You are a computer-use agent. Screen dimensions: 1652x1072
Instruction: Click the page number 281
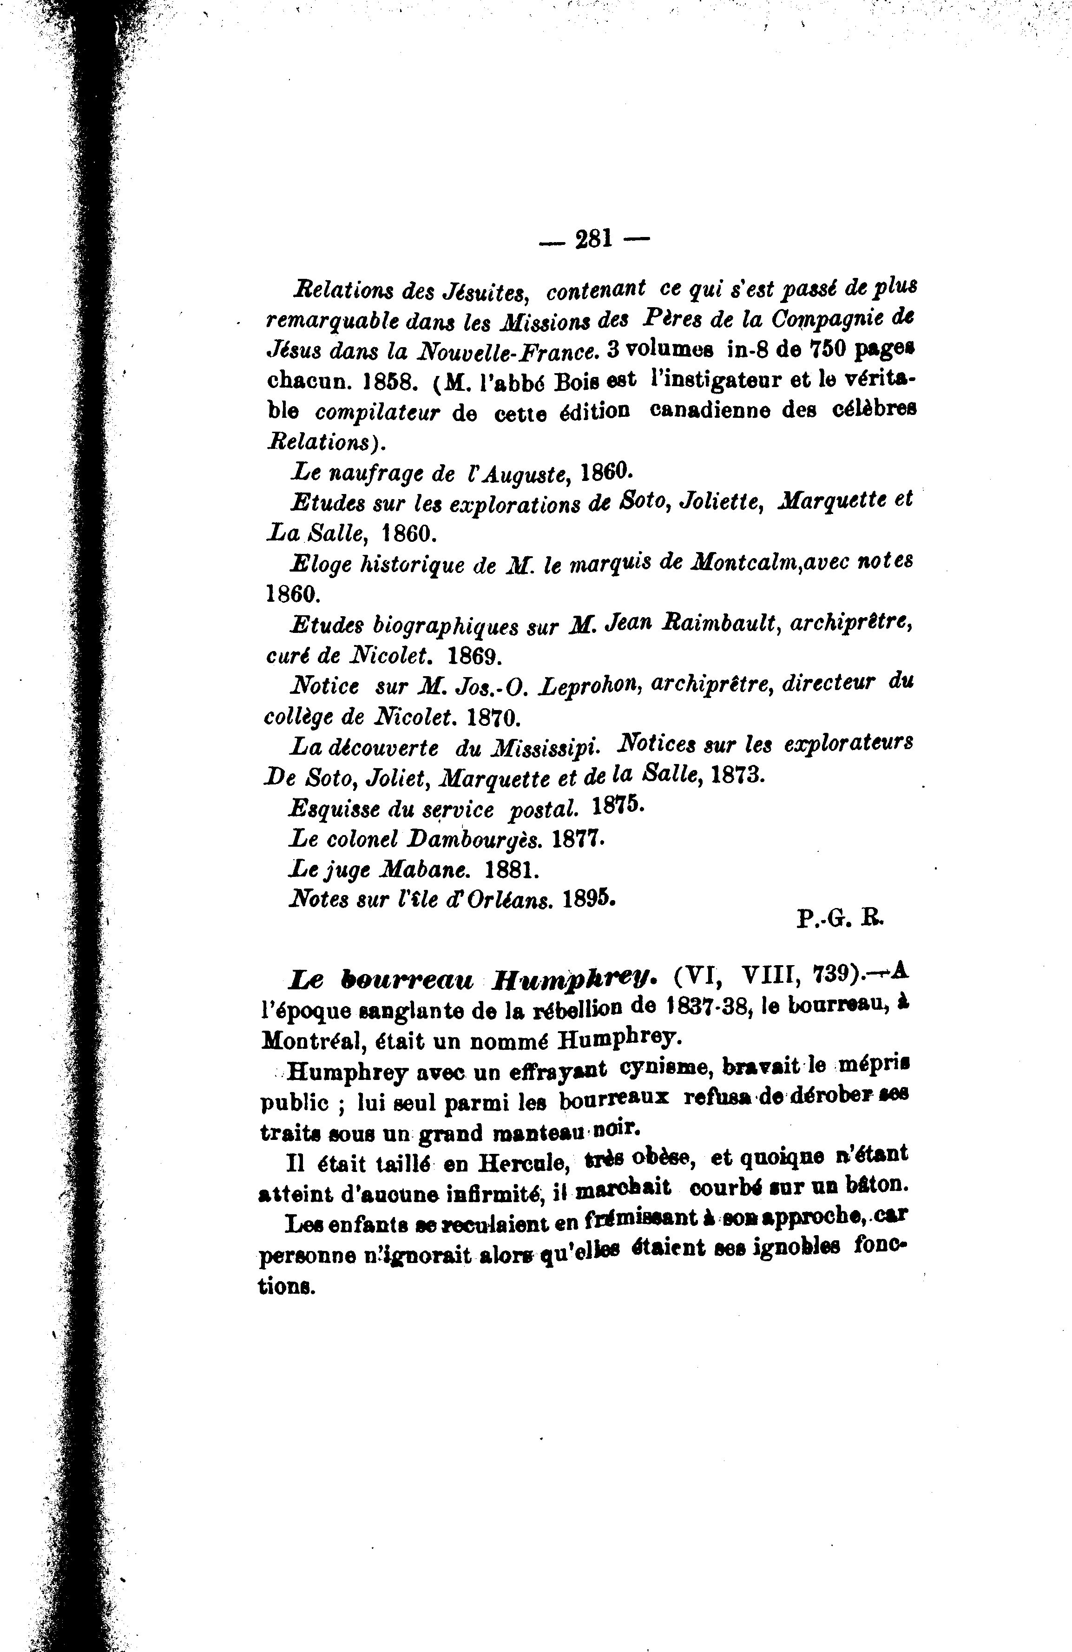point(594,239)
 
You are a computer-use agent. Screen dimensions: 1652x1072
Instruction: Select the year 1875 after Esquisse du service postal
point(619,807)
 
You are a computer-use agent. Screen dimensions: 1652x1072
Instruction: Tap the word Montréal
point(311,1040)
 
